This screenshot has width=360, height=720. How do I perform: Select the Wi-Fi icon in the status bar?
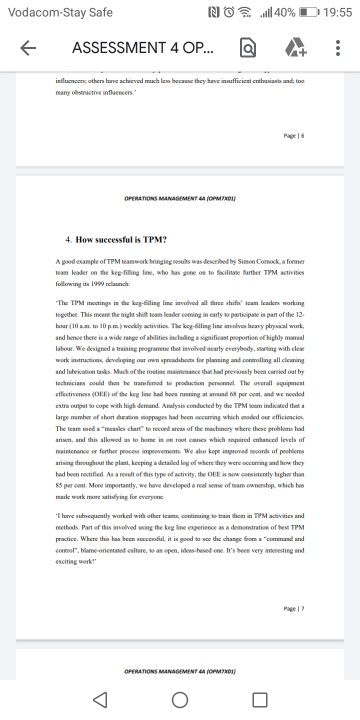tap(244, 11)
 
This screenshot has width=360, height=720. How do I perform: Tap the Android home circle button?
tap(180, 698)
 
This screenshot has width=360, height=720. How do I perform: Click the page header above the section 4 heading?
tap(179, 199)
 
